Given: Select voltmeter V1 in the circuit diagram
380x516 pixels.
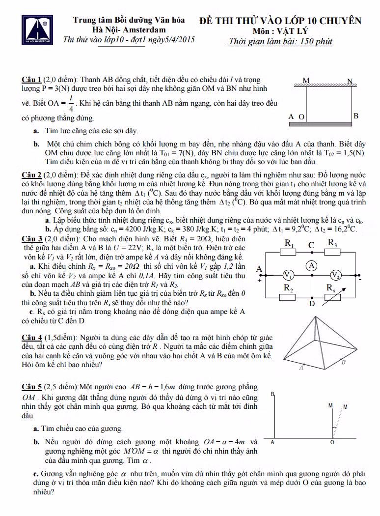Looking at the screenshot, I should (x=289, y=275).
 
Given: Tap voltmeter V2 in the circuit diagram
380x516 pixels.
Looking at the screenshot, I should (x=335, y=275).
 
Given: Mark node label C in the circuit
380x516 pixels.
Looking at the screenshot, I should (x=311, y=245).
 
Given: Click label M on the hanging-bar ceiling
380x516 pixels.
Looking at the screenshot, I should (x=306, y=80).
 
